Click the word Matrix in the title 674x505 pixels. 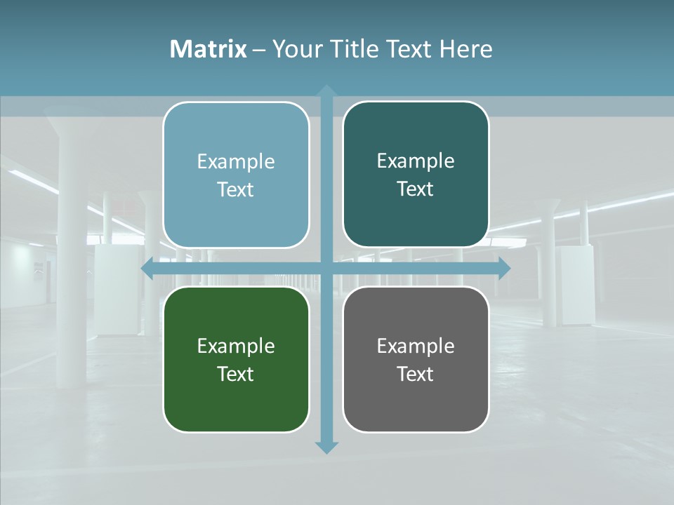pos(209,49)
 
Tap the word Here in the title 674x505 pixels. pos(466,49)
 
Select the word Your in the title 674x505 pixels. pos(294,49)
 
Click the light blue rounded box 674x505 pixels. pos(236,175)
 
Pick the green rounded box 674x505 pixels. pos(236,359)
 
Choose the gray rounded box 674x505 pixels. pos(416,359)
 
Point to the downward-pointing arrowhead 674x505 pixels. pos(326,447)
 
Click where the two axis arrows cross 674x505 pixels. pos(326,268)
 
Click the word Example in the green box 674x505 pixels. pos(236,346)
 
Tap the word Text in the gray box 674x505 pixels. pos(416,374)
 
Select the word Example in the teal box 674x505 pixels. pos(416,161)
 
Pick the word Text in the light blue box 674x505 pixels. pos(236,189)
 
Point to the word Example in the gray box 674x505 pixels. pos(416,346)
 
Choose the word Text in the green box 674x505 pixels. pos(236,374)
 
